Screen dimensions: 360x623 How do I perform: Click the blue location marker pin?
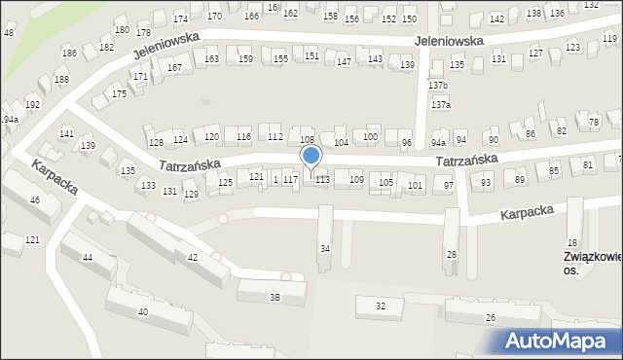pyautogui.click(x=311, y=157)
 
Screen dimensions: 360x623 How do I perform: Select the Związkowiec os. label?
pyautogui.click(x=592, y=263)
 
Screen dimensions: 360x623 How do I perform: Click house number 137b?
pyautogui.click(x=439, y=86)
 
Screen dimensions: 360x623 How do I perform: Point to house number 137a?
pyautogui.click(x=441, y=104)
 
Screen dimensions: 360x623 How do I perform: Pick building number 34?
pyautogui.click(x=325, y=249)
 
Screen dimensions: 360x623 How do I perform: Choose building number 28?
pyautogui.click(x=451, y=254)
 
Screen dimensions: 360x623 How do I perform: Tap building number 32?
pyautogui.click(x=381, y=306)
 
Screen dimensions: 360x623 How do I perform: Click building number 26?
pyautogui.click(x=491, y=317)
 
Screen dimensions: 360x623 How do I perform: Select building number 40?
pyautogui.click(x=143, y=311)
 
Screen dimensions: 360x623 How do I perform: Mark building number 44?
pyautogui.click(x=88, y=257)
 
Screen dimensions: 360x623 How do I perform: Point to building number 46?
pyautogui.click(x=35, y=199)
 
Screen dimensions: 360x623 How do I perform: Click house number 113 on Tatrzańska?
pyautogui.click(x=322, y=180)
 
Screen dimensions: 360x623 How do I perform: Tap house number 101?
pyautogui.click(x=416, y=185)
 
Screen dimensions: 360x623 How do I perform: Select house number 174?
pyautogui.click(x=180, y=19)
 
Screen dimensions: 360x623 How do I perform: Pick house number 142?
pyautogui.click(x=496, y=19)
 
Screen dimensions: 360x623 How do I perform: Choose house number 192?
pyautogui.click(x=32, y=104)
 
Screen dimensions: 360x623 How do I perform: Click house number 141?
pyautogui.click(x=66, y=133)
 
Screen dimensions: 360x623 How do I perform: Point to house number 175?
pyautogui.click(x=119, y=93)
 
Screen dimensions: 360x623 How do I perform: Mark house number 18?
pyautogui.click(x=572, y=242)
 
